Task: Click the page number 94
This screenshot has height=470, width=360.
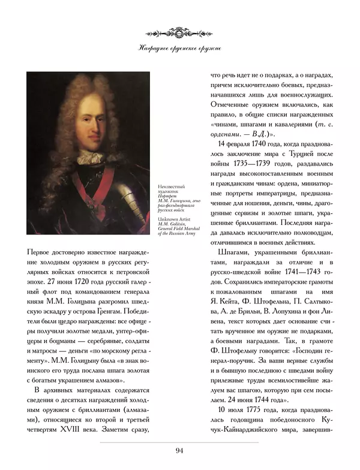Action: click(179, 451)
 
